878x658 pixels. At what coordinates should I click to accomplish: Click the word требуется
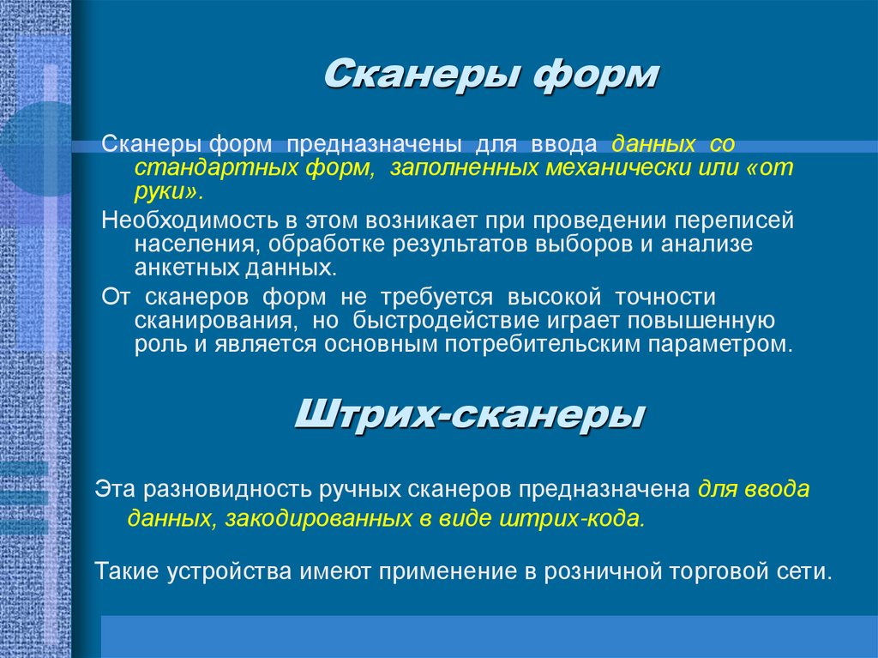pyautogui.click(x=436, y=298)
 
